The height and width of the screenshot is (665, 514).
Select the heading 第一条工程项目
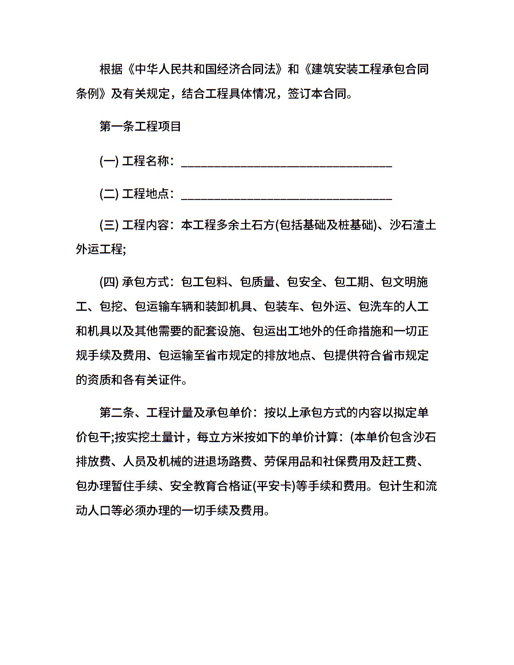pyautogui.click(x=140, y=127)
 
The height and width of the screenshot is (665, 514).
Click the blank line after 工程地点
pyautogui.click(x=287, y=196)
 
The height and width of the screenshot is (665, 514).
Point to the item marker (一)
pyautogui.click(x=109, y=161)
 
